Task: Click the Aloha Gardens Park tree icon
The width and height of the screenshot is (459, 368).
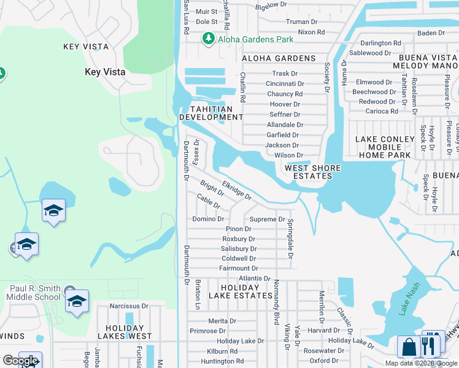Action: (x=209, y=39)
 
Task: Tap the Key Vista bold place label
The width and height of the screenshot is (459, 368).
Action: (x=105, y=72)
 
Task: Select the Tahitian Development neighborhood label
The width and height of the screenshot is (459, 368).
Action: (x=210, y=113)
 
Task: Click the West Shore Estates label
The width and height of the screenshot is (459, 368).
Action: (x=308, y=172)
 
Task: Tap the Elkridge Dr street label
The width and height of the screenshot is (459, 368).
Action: (x=237, y=190)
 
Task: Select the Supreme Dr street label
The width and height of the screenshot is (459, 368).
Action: (x=266, y=219)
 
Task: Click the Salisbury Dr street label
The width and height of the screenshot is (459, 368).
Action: (x=239, y=248)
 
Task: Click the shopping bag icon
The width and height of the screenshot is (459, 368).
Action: (x=408, y=347)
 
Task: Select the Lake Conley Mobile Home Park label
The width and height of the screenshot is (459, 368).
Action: (x=385, y=147)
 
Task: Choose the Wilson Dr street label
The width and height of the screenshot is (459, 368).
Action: (x=288, y=156)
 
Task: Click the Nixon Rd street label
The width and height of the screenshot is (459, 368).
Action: (x=311, y=32)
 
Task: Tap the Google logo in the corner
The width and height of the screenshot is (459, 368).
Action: (x=20, y=361)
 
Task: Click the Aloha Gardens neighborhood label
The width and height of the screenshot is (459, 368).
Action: (x=279, y=58)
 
